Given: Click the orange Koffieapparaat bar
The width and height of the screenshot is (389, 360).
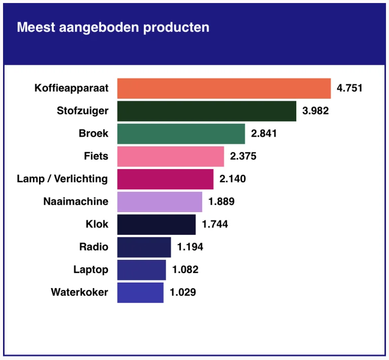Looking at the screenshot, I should point(224,89).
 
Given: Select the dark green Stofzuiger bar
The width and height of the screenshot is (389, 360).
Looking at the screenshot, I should point(207,111).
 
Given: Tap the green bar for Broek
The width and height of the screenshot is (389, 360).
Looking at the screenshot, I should point(181,134).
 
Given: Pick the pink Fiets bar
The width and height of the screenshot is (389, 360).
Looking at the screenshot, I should point(170,156).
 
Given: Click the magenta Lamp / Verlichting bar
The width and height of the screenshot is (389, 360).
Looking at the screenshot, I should point(165,179).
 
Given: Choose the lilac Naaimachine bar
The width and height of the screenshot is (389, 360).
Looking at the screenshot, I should point(160,202).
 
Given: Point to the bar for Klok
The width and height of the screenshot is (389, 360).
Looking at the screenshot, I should point(156,224).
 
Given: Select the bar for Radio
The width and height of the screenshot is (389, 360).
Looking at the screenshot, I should point(144,247).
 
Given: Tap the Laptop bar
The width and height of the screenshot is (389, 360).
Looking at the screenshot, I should point(141,270).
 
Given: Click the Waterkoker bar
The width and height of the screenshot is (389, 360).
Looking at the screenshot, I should point(140,293).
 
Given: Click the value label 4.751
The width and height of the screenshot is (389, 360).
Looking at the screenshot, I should point(350,89).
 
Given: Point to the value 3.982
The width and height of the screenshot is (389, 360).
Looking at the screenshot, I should point(316,111).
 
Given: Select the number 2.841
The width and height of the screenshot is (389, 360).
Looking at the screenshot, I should point(264,134).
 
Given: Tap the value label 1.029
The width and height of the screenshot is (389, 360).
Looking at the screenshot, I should point(183,293).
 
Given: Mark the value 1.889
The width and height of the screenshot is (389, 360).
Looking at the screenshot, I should point(221,202).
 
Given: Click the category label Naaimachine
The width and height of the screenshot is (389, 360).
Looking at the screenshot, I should point(76,202).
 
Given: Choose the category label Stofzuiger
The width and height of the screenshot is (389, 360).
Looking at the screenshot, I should point(83,111).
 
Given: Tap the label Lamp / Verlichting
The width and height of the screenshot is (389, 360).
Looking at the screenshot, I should point(62,179).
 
